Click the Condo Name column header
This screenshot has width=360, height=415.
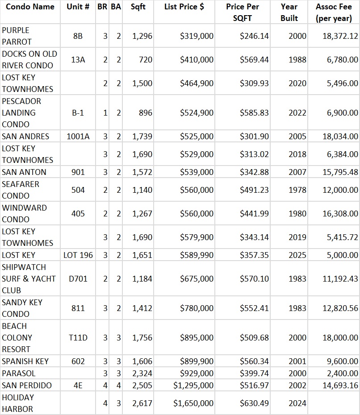point(30,7)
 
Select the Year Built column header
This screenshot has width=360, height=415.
point(289,12)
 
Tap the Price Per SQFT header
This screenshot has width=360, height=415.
point(242,12)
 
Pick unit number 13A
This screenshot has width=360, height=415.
point(78,59)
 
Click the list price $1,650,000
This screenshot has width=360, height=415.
point(193,403)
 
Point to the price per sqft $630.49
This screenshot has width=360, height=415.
point(254,403)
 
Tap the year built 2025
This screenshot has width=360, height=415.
point(297,255)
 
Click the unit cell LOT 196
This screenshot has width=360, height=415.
point(78,255)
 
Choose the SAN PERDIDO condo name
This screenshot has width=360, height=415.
point(27,385)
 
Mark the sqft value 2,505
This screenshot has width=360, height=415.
point(142,385)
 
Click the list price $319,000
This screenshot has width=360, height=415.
point(197,36)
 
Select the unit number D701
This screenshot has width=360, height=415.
point(78,278)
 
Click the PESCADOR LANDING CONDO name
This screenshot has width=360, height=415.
point(21,112)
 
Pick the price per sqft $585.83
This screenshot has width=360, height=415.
point(254,112)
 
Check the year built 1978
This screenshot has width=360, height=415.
point(297,190)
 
